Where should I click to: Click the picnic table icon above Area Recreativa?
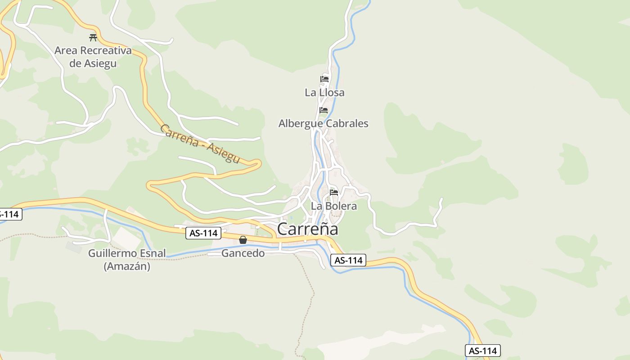point(93,37)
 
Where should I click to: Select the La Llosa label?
point(324,93)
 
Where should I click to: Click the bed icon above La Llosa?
point(324,79)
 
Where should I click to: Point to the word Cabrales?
point(346,123)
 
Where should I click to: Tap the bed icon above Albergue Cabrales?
point(324,110)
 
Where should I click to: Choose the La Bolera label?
point(334,206)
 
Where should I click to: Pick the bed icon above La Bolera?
point(334,193)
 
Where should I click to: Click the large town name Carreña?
point(308,229)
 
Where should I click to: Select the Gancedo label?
point(243,253)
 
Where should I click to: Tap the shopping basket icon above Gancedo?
point(243,240)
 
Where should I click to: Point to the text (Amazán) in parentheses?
point(127,266)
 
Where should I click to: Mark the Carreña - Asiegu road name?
point(199,144)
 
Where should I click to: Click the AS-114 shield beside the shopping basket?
point(203,233)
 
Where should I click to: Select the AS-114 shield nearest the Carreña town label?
point(348,260)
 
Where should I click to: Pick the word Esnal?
point(153,253)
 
